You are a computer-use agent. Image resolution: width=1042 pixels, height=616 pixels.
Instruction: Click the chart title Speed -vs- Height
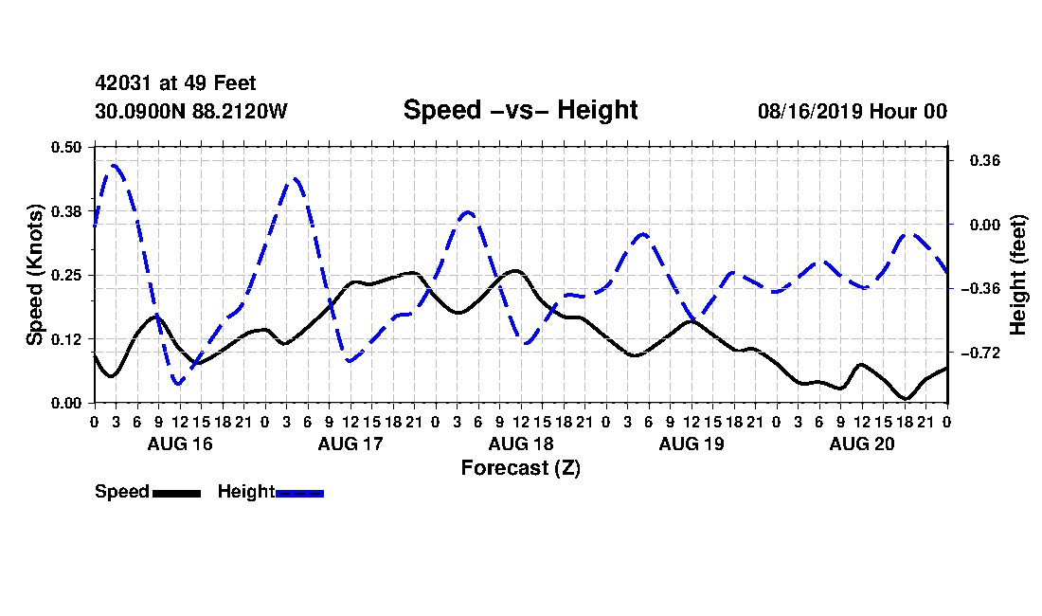(x=520, y=110)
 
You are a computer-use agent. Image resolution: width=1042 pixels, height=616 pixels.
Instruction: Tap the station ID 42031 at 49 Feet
(x=175, y=83)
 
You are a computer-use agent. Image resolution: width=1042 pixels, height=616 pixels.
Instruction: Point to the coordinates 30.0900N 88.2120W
(x=191, y=111)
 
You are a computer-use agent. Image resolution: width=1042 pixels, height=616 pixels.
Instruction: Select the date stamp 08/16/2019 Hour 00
(x=853, y=111)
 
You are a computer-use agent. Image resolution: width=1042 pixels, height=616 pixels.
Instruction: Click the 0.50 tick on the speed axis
(x=66, y=147)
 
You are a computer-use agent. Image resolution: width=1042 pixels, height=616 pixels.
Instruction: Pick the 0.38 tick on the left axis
(x=66, y=211)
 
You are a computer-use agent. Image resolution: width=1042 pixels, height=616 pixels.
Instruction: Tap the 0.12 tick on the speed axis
(x=66, y=339)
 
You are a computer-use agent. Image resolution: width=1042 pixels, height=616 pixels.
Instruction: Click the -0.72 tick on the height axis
(x=980, y=353)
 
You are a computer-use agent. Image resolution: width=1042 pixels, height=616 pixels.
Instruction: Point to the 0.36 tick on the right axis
(x=985, y=161)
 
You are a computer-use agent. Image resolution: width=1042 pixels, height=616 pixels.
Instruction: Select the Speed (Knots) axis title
(x=34, y=275)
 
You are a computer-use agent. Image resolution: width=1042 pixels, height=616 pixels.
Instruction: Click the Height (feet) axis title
(x=1017, y=275)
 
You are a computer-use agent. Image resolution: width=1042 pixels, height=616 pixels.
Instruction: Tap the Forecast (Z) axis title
(x=521, y=468)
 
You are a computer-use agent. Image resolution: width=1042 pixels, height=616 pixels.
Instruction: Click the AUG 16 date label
(x=180, y=444)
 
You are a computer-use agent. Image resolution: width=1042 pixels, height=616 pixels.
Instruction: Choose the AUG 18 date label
(x=521, y=444)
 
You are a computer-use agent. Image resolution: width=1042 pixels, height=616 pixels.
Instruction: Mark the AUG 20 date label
(x=862, y=444)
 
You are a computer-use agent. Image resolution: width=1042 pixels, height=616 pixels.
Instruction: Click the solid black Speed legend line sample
(x=177, y=494)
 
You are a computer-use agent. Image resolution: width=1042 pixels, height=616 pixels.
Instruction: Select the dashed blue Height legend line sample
(x=299, y=494)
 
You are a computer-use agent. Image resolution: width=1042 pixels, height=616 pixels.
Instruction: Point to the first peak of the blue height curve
(x=115, y=165)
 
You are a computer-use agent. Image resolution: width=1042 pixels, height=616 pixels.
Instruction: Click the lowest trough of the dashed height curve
(x=178, y=384)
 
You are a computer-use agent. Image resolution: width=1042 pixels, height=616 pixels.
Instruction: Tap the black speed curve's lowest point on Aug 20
(x=906, y=399)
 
